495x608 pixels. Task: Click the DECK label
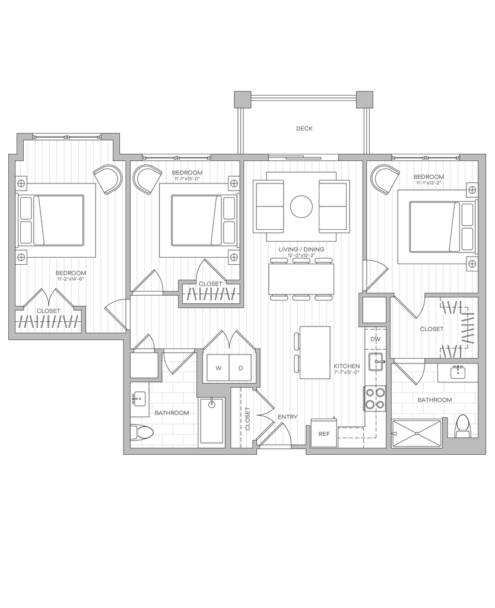click(x=304, y=128)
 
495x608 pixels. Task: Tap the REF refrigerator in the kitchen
click(x=324, y=433)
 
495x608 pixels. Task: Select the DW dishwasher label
click(x=375, y=339)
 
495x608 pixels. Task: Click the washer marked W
click(x=218, y=368)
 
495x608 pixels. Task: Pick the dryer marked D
click(x=241, y=368)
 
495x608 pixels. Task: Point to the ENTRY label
click(x=288, y=417)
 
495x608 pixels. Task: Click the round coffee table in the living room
click(x=301, y=206)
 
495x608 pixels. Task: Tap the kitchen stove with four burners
click(x=375, y=398)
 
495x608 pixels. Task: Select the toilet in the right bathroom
click(x=462, y=426)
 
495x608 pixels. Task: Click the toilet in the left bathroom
click(x=142, y=432)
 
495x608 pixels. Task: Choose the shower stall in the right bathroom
click(x=416, y=433)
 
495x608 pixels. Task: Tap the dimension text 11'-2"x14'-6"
click(x=71, y=279)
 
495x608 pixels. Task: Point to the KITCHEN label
click(x=347, y=366)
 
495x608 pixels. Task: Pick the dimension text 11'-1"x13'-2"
click(x=429, y=183)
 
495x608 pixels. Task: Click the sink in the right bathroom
click(x=459, y=373)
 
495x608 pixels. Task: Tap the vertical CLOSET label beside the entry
click(x=247, y=419)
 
